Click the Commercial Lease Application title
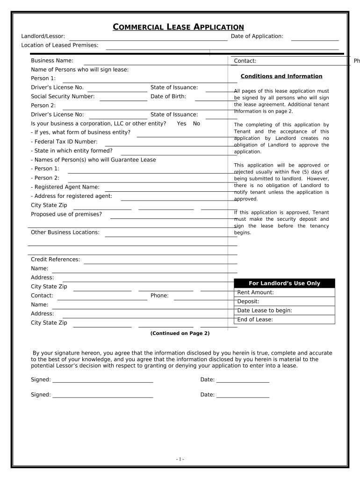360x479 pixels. click(x=178, y=27)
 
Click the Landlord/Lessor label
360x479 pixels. click(x=43, y=36)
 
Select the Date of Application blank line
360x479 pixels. click(x=315, y=37)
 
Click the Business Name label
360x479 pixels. click(x=52, y=61)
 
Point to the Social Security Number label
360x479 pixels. click(x=63, y=96)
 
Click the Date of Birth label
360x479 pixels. click(x=168, y=96)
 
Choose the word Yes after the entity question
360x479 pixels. click(x=181, y=123)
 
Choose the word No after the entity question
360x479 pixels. click(x=196, y=123)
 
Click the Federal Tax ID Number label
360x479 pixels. click(x=64, y=142)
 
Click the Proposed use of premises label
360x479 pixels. click(x=66, y=214)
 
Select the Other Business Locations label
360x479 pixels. click(x=65, y=232)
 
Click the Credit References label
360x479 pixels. click(x=55, y=260)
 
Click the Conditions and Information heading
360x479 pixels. click(x=281, y=76)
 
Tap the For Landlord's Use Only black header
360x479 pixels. click(x=284, y=283)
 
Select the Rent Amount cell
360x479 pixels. click(x=284, y=292)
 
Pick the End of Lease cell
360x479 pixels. click(x=284, y=320)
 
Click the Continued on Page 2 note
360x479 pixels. click(x=180, y=333)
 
